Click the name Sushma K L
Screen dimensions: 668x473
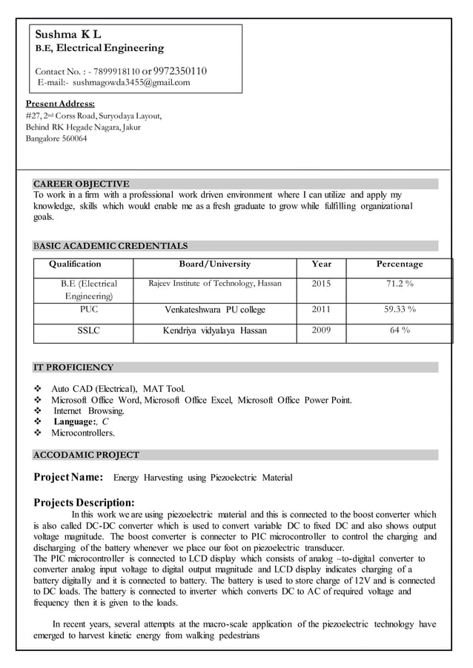[x=69, y=34]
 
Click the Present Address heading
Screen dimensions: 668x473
[x=60, y=104]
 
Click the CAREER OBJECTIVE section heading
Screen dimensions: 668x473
[x=82, y=184]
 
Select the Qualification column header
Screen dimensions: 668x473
[x=75, y=264]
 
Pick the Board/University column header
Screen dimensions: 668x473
[x=215, y=264]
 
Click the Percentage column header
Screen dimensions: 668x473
[x=400, y=264]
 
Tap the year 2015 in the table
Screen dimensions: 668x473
[x=322, y=284]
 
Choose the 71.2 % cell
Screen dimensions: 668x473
[x=400, y=284]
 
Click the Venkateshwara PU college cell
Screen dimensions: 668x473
[x=215, y=310]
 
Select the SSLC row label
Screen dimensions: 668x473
[x=89, y=330]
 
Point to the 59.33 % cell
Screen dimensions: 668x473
[x=400, y=310]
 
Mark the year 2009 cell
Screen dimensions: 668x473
[x=322, y=330]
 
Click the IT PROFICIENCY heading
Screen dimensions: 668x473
[x=73, y=367]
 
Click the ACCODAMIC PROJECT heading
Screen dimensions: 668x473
[x=86, y=455]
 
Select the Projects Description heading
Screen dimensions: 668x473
[x=85, y=502]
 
